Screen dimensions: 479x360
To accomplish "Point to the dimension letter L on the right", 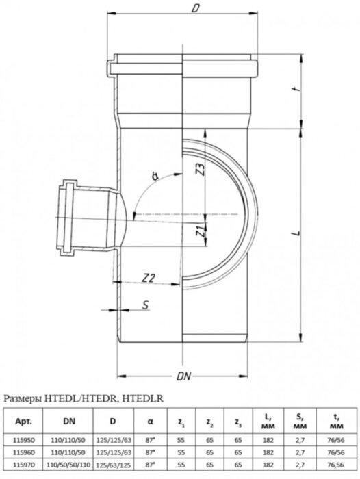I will (x=292, y=235).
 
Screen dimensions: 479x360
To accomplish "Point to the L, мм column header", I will (x=268, y=422).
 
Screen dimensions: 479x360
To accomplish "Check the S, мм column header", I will (x=300, y=422).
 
